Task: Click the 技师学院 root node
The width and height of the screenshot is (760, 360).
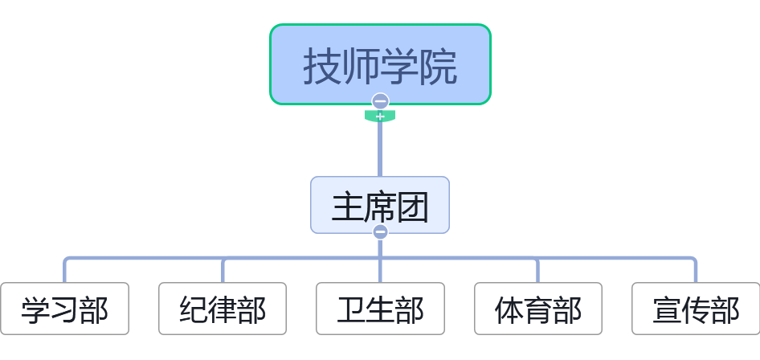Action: click(x=379, y=64)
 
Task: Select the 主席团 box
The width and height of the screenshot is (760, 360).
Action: click(x=379, y=205)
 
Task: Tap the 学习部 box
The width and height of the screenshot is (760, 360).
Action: click(x=64, y=309)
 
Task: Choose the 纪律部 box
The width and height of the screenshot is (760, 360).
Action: click(x=223, y=309)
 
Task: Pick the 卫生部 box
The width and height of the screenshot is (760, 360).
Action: click(x=380, y=309)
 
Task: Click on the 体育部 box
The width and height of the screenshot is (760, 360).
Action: click(x=537, y=309)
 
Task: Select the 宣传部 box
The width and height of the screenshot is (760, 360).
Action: click(x=695, y=309)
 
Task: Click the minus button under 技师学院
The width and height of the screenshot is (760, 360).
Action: click(x=380, y=101)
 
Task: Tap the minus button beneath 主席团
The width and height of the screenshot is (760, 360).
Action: click(x=380, y=232)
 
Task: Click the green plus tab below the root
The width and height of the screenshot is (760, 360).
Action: click(x=380, y=117)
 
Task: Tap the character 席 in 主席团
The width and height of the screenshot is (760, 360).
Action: click(x=380, y=207)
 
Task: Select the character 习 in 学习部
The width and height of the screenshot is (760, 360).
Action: click(x=64, y=310)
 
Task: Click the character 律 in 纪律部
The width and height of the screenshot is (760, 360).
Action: click(x=223, y=310)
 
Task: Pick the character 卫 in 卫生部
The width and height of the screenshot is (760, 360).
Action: click(x=350, y=310)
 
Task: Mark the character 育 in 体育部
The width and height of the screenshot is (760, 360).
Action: click(x=537, y=310)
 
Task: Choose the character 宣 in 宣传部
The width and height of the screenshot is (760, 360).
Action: click(x=666, y=310)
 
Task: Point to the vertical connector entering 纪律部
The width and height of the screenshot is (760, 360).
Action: click(x=223, y=271)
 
